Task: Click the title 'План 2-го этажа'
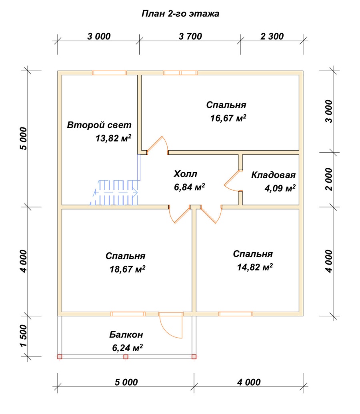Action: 180,14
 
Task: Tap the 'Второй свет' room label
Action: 99,125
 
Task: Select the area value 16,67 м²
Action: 228,118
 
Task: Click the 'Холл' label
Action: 185,174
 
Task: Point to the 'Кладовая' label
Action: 273,175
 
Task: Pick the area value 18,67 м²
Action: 128,269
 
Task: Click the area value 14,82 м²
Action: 255,267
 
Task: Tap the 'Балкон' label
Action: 126,334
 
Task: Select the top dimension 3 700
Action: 190,36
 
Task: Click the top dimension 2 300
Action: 272,36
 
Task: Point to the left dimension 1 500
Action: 24,336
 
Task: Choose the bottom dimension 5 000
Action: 126,382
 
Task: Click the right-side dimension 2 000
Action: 329,179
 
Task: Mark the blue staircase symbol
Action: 114,193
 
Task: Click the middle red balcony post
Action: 126,357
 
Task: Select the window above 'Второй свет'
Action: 110,73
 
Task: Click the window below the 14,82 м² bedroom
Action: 236,314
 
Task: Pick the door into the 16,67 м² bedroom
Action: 157,145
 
